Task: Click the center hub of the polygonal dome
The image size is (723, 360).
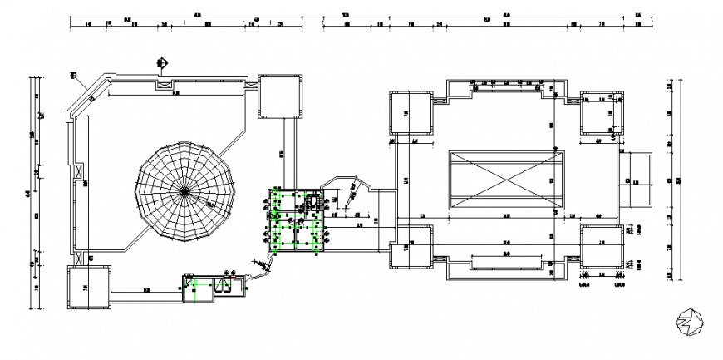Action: (184, 190)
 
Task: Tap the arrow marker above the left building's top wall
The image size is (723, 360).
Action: (162, 62)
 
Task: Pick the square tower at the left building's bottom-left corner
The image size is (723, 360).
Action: (88, 287)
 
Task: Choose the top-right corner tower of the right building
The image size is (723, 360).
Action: (601, 114)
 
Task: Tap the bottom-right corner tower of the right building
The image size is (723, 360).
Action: (601, 247)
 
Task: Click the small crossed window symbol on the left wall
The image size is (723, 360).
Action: (80, 175)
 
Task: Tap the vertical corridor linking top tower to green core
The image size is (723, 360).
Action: (287, 153)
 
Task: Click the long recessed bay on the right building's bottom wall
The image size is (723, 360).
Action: (506, 264)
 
